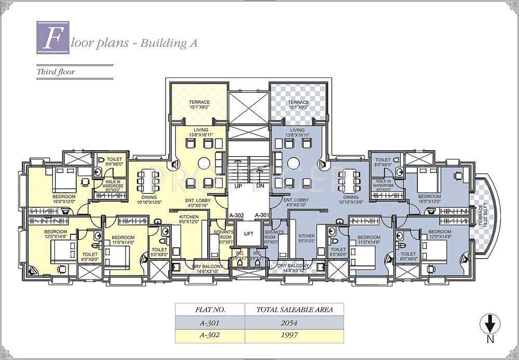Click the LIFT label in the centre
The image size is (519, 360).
[x=249, y=234]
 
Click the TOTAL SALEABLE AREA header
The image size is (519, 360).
[x=295, y=310]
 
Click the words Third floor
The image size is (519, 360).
[x=56, y=72]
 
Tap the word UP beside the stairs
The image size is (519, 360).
[x=238, y=185]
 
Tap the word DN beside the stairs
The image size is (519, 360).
[x=261, y=185]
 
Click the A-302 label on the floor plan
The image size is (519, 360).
[x=237, y=215]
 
